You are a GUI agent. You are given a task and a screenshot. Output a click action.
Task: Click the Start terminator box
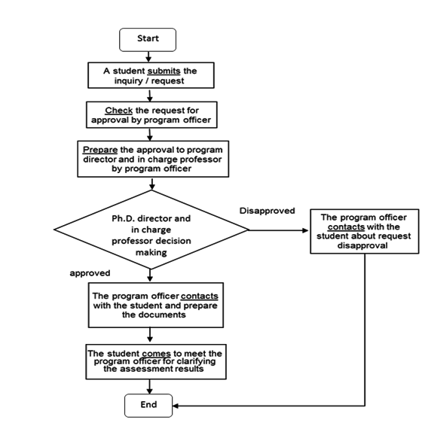pos(148,40)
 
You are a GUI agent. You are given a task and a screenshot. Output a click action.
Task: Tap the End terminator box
pos(148,406)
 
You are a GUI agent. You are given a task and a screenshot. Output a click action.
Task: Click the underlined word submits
pos(164,71)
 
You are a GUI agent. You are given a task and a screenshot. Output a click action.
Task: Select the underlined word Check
pos(119,111)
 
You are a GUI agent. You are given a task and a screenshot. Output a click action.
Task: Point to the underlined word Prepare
pos(100,150)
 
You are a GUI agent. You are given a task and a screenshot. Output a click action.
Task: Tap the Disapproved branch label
pos(267,211)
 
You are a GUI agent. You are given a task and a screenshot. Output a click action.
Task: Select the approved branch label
pos(90,273)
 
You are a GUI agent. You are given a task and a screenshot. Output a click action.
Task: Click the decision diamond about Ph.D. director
pos(151,230)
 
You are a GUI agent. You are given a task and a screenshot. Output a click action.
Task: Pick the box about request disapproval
pos(365,231)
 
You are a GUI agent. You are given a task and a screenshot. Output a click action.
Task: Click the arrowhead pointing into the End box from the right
pos(176,406)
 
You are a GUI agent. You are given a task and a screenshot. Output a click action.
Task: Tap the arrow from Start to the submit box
pos(148,56)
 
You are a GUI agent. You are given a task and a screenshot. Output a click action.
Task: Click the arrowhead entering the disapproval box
pos(306,230)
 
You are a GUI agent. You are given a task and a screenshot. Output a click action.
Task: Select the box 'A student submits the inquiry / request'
pos(151,75)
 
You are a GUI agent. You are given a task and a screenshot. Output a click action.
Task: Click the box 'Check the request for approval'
pos(151,115)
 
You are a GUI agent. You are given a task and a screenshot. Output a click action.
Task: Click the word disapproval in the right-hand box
pos(362,246)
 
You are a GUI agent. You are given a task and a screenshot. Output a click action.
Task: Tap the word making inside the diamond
pos(151,253)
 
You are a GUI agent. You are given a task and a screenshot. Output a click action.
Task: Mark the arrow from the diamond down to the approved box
pos(150,275)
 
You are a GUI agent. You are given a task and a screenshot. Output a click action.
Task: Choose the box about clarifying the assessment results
pos(156,362)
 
